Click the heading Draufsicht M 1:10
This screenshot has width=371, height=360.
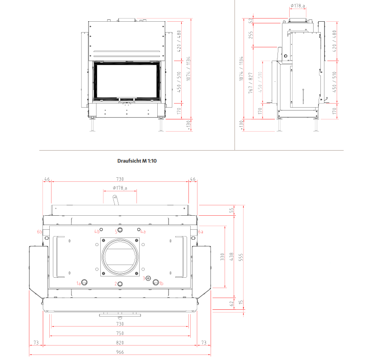(137, 161)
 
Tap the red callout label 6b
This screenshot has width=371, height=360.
(39, 232)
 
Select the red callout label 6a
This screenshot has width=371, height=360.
(201, 232)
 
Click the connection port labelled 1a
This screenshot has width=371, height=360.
(84, 282)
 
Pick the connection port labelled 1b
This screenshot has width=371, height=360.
(156, 282)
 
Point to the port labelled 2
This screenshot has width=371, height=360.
(120, 284)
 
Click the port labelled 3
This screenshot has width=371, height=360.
(148, 278)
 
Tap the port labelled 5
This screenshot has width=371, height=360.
(120, 230)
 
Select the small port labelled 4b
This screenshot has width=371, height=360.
(101, 229)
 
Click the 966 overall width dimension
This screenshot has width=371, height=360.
(120, 352)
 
